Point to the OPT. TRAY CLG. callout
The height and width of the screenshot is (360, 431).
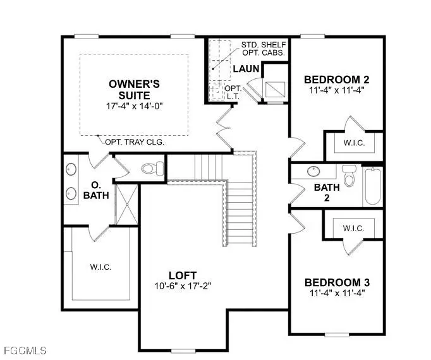point(135,142)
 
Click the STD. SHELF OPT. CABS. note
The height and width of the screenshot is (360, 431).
point(264,50)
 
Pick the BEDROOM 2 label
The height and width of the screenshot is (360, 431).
point(336,80)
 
